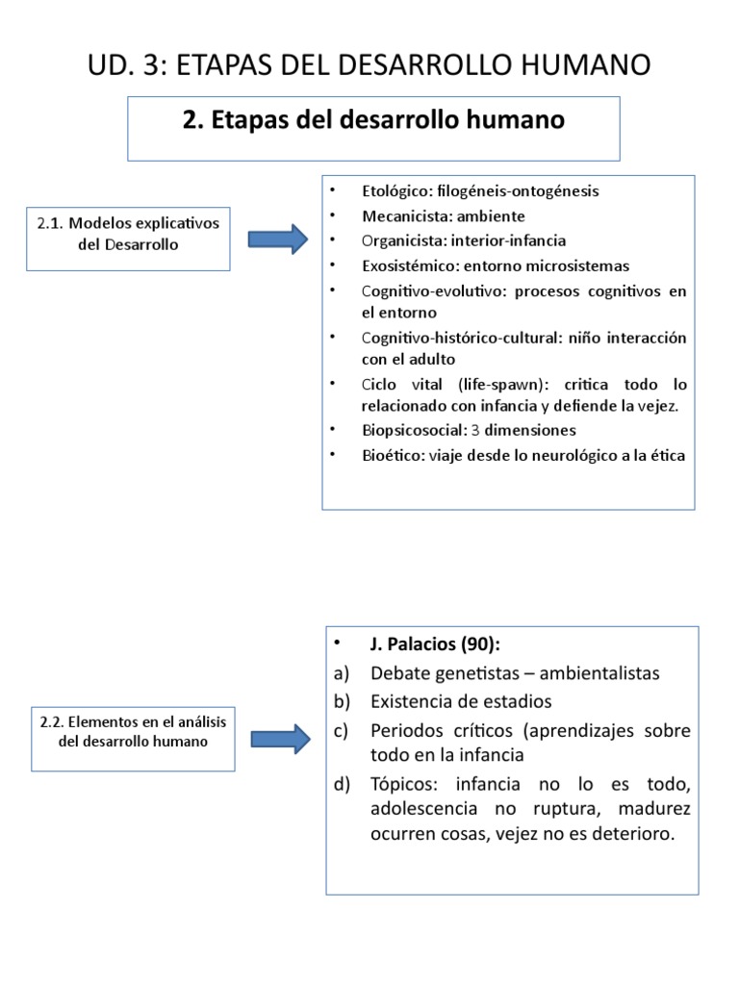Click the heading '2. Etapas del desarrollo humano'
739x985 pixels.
pos(373,120)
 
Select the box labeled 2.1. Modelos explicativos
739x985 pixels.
pos(128,234)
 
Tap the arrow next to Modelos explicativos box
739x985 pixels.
pos(277,239)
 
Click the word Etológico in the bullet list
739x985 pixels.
pos(395,190)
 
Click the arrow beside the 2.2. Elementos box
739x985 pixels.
pos(280,737)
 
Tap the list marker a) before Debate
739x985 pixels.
pos(342,673)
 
